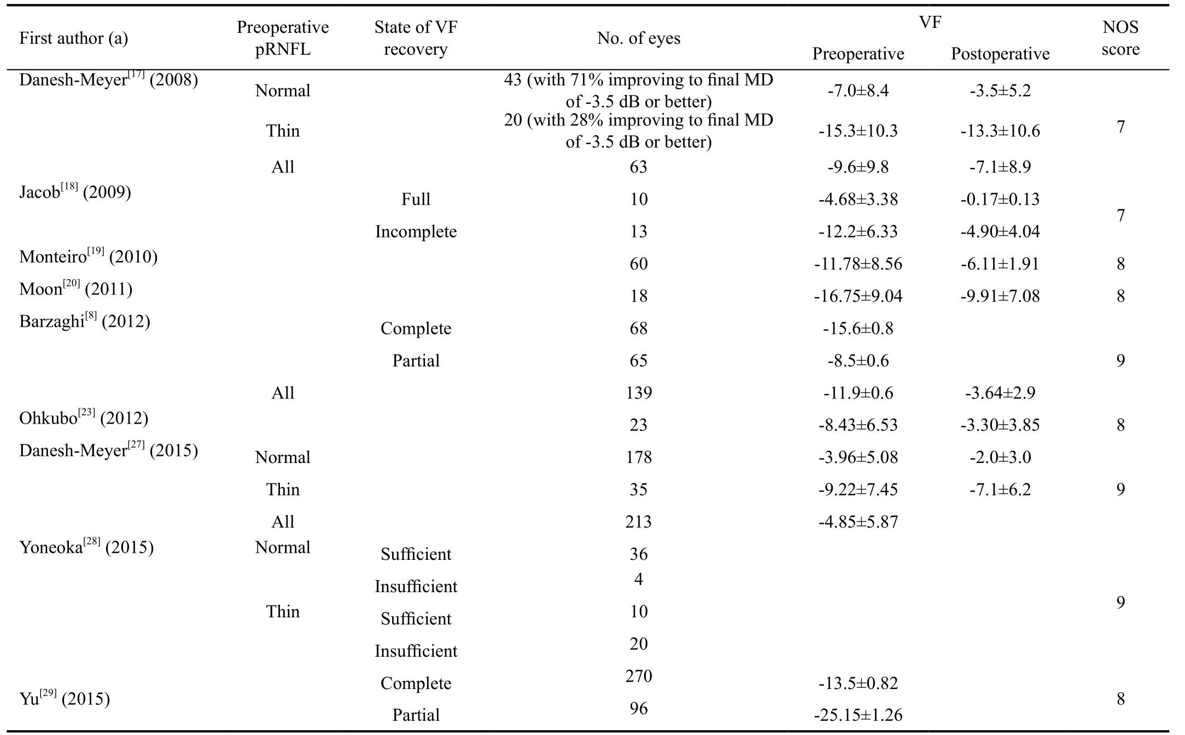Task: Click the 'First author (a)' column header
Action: (73, 38)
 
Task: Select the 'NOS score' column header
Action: (1120, 38)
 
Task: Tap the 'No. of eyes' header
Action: (638, 38)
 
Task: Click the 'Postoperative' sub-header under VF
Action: (1000, 54)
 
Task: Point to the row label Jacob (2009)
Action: (75, 192)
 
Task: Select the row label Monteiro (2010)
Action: (88, 257)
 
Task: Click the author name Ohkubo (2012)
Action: (84, 418)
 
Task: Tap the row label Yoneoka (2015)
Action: (86, 547)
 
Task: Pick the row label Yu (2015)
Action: (65, 699)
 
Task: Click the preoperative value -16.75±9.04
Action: (858, 296)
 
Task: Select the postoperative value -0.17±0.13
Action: (1000, 199)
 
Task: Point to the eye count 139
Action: (638, 393)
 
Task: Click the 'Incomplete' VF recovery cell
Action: (416, 232)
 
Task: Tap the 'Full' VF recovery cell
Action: (416, 199)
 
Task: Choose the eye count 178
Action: (638, 458)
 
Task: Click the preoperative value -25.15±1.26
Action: (858, 715)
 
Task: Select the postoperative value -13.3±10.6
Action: (1000, 131)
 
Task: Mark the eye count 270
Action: (638, 676)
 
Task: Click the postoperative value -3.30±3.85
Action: (1000, 425)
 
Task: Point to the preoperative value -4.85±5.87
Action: (858, 522)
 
